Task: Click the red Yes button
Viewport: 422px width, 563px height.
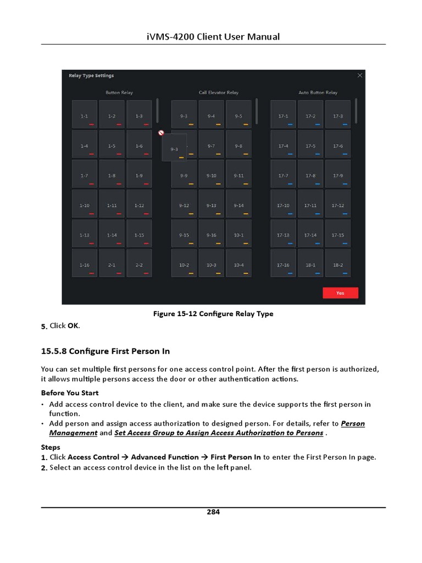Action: [x=340, y=293]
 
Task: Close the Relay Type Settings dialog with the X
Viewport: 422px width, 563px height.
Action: [x=359, y=75]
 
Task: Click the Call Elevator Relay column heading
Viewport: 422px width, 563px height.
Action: [x=219, y=93]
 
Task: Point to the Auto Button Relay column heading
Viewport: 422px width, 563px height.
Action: [x=318, y=93]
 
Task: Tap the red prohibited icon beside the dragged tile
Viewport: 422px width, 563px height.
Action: [x=161, y=133]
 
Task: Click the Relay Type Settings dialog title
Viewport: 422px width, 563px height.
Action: [x=91, y=76]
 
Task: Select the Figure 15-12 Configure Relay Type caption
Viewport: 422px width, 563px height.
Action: [x=213, y=314]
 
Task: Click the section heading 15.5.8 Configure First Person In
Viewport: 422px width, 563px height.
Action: [x=105, y=351]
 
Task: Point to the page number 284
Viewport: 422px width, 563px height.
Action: [x=213, y=512]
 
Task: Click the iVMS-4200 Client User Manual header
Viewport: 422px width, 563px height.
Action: [x=213, y=37]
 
